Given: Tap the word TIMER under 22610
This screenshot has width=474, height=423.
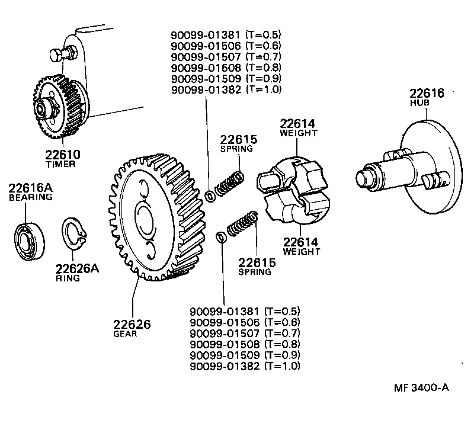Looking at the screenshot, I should (60, 164).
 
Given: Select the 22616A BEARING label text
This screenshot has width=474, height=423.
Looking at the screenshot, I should (31, 193).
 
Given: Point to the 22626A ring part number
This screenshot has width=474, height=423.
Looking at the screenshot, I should (78, 268).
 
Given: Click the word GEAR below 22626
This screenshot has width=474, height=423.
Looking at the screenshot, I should (125, 334).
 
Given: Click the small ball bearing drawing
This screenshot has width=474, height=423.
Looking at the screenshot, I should (29, 241).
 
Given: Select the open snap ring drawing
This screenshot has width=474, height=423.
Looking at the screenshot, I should (75, 238).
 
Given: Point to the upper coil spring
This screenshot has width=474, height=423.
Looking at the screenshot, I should (229, 184).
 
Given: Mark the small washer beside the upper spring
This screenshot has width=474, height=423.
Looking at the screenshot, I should (210, 196).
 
